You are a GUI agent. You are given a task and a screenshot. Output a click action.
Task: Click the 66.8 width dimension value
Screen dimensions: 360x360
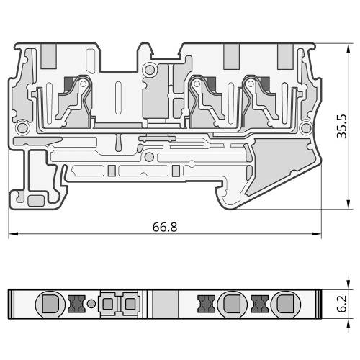tap(165, 227)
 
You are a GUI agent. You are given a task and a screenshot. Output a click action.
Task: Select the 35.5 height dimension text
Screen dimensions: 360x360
tap(342, 126)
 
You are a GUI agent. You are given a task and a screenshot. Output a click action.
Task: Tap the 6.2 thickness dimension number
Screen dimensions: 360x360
tap(342, 304)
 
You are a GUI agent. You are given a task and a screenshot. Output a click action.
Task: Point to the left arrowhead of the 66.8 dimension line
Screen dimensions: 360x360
tap(14, 234)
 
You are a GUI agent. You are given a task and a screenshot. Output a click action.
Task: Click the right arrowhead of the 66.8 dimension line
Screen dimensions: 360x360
tap(316, 234)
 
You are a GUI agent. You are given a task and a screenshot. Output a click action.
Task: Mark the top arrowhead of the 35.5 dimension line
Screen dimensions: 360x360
tap(348, 48)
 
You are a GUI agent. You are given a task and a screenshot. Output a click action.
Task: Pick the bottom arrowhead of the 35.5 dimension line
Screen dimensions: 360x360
tap(348, 204)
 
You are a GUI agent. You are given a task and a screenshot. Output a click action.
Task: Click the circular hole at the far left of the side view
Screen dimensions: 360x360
tap(22, 127)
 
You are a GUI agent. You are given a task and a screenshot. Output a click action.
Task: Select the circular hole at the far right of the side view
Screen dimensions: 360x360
tap(306, 128)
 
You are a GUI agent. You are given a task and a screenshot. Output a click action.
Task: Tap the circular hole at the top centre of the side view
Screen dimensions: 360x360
tap(150, 70)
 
